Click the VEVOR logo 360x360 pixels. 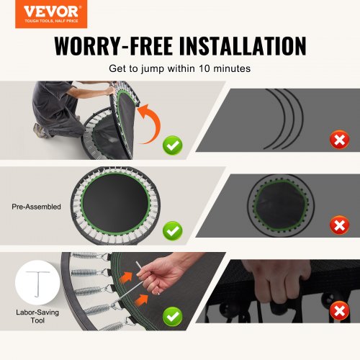[51, 14]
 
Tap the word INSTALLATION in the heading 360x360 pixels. [243, 46]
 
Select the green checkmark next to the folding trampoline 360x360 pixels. [173, 145]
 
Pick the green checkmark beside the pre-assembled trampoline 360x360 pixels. [173, 230]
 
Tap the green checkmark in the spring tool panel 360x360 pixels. [173, 316]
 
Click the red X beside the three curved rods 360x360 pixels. [339, 140]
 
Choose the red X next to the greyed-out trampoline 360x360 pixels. [339, 225]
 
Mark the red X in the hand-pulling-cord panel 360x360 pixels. [339, 311]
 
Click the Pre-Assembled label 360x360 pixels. [36, 207]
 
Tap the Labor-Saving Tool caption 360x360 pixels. [37, 316]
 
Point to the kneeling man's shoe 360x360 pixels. [40, 131]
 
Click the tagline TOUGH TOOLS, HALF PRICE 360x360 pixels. [51, 21]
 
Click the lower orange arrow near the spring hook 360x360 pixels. [141, 300]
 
